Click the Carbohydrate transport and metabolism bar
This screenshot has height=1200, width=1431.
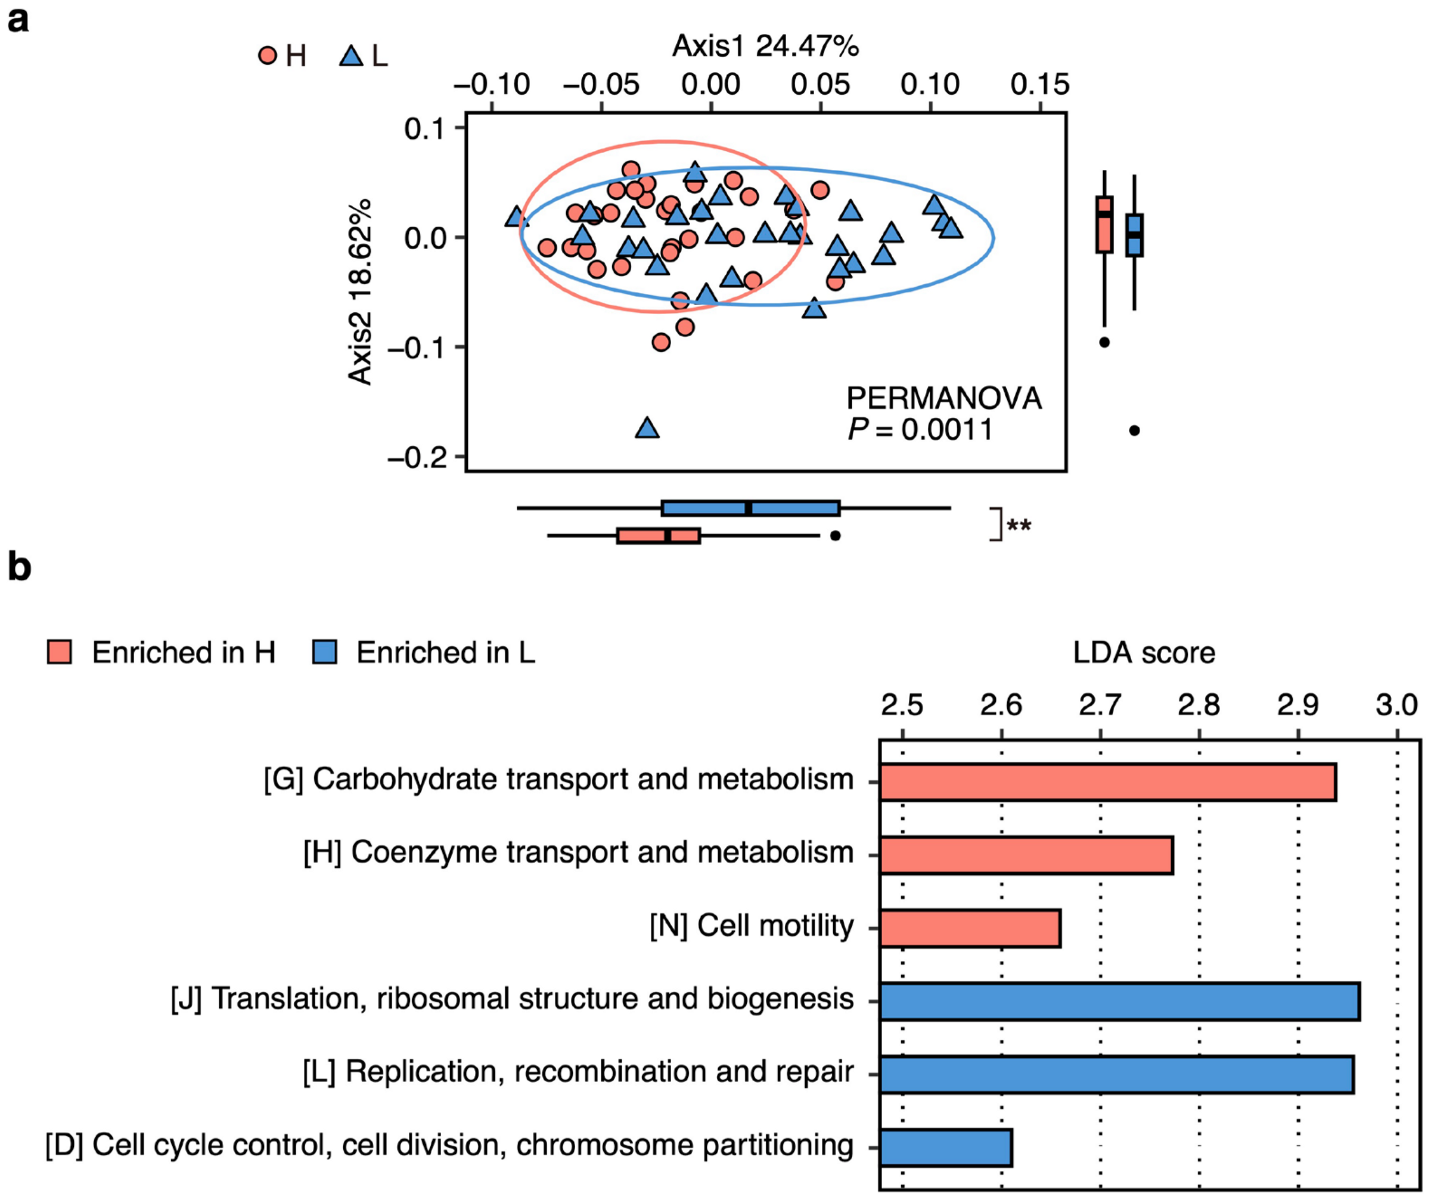[x=1107, y=782]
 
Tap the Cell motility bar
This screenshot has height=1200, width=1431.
[x=970, y=928]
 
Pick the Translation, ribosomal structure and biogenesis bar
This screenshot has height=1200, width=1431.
[x=1119, y=1001]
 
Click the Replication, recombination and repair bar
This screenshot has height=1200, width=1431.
[x=1116, y=1074]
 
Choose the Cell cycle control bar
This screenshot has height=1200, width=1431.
[x=946, y=1148]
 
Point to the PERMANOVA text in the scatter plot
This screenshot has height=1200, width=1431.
[x=944, y=399]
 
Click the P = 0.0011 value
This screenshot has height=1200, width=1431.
[x=920, y=429]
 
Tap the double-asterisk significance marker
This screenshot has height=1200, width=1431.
[x=1019, y=525]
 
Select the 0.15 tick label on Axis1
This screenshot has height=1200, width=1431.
[x=1040, y=85]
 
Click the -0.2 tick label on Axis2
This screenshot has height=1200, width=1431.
[x=417, y=457]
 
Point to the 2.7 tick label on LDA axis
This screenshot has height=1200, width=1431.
[x=1100, y=705]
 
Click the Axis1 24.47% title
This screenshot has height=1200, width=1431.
[x=765, y=46]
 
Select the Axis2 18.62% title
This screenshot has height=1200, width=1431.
[x=361, y=292]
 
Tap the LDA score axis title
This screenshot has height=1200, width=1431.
[x=1144, y=652]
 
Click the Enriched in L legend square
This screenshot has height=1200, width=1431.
[x=324, y=652]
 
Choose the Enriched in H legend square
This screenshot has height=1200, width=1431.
[x=59, y=652]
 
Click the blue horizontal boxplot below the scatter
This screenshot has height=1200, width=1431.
[x=750, y=508]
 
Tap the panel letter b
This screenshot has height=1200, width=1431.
[x=19, y=567]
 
